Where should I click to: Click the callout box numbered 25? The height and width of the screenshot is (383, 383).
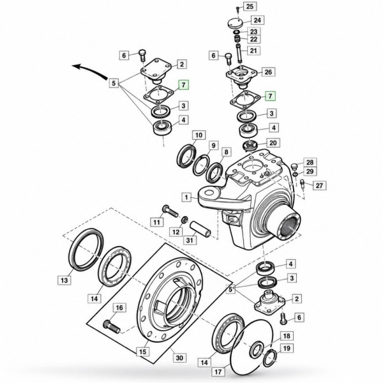pyautogui.click(x=250, y=6)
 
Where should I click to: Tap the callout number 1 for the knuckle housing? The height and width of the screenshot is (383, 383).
pyautogui.click(x=187, y=197)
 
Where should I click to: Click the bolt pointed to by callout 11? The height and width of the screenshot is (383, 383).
pyautogui.click(x=170, y=211)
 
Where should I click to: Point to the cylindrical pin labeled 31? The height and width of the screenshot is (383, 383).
pyautogui.click(x=200, y=229)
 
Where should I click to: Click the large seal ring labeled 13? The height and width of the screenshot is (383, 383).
pyautogui.click(x=86, y=250)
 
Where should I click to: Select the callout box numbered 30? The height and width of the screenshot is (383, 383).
pyautogui.click(x=179, y=358)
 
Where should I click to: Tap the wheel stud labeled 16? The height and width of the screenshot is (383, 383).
pyautogui.click(x=112, y=327)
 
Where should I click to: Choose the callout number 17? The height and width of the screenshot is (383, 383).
pyautogui.click(x=218, y=372)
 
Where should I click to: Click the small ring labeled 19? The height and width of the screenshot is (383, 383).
pyautogui.click(x=269, y=359)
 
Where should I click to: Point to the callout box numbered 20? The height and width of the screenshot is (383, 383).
pyautogui.click(x=273, y=142)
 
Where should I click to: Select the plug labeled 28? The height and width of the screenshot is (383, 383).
pyautogui.click(x=295, y=166)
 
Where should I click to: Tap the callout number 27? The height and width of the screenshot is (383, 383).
pyautogui.click(x=319, y=186)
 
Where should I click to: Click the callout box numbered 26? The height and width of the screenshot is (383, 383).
pyautogui.click(x=268, y=72)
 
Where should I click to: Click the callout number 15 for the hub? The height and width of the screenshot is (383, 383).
pyautogui.click(x=143, y=352)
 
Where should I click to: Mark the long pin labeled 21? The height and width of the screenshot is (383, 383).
pyautogui.click(x=239, y=54)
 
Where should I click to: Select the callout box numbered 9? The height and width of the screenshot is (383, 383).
pyautogui.click(x=213, y=146)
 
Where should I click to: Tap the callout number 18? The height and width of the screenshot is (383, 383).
pyautogui.click(x=287, y=336)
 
